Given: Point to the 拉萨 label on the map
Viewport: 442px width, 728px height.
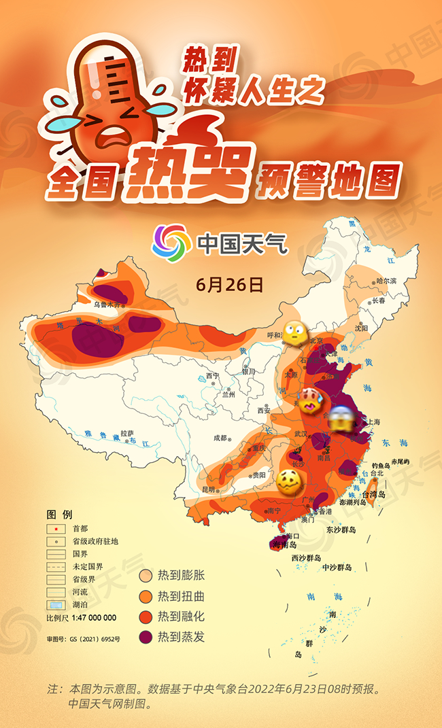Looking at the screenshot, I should [127, 433].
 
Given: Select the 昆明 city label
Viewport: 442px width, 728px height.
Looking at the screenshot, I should [207, 489].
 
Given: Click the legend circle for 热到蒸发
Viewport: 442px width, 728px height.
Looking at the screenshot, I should [146, 637].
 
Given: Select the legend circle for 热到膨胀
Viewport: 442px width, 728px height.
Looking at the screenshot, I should [146, 576].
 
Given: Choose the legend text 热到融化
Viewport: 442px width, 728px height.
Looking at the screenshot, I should [181, 617].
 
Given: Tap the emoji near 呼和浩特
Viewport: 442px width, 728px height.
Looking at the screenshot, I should [296, 332].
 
